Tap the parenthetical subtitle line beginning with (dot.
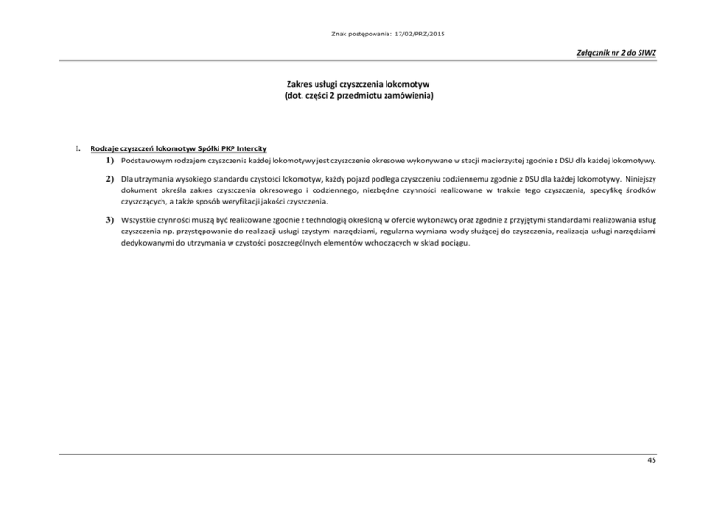tap(359, 95)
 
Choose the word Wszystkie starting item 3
tap(143, 220)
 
